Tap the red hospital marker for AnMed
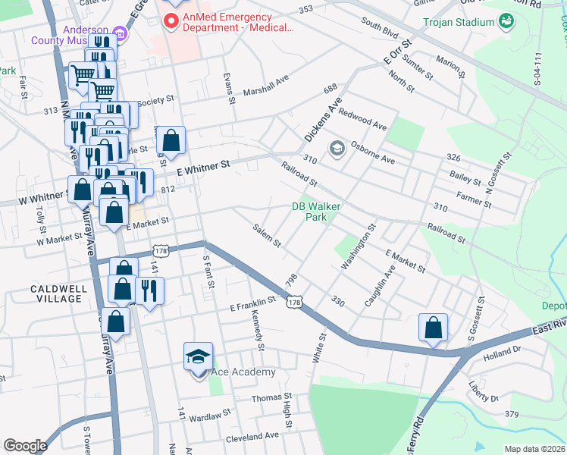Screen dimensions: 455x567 click(172, 21)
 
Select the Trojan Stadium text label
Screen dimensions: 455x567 click(459, 22)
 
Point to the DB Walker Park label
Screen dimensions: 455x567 click(317, 211)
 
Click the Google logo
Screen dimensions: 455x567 click(25, 446)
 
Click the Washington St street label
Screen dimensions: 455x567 click(359, 246)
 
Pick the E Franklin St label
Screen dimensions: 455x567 click(252, 307)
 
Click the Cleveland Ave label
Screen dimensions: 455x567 click(253, 435)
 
